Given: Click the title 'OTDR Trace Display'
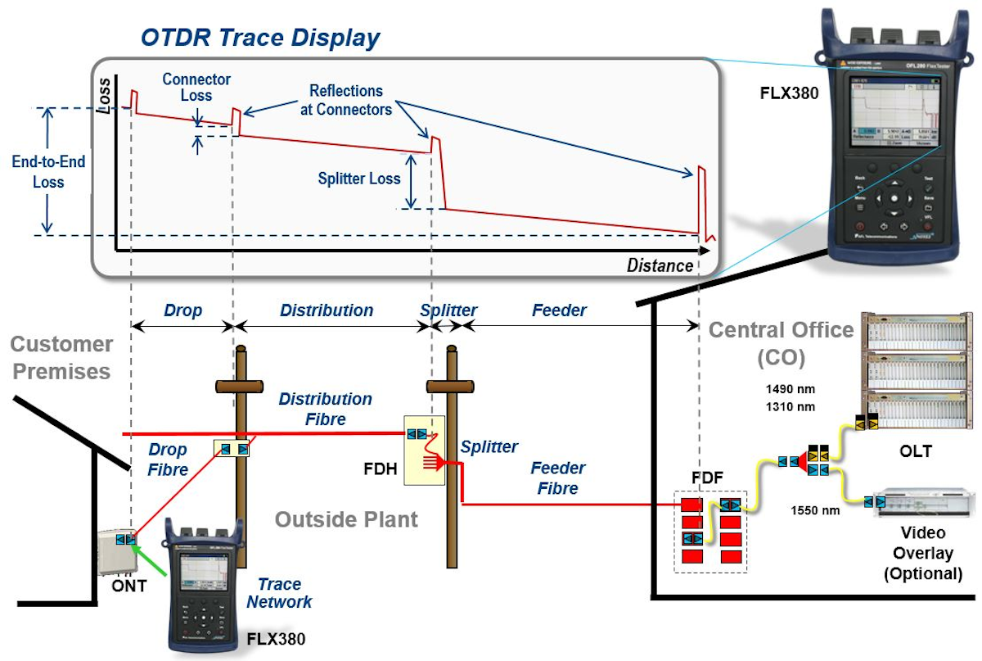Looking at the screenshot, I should click(260, 38).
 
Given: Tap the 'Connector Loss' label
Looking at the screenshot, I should click(196, 87).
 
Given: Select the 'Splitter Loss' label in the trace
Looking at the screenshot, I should click(360, 178).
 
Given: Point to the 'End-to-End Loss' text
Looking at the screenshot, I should click(48, 171).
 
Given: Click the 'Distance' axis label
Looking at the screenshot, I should click(659, 265).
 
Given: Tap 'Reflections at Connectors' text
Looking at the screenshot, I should click(346, 99).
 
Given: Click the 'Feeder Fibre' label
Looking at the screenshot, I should click(558, 478).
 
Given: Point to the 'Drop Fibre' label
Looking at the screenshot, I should click(168, 460).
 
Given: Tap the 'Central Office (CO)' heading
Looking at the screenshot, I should click(781, 343).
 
